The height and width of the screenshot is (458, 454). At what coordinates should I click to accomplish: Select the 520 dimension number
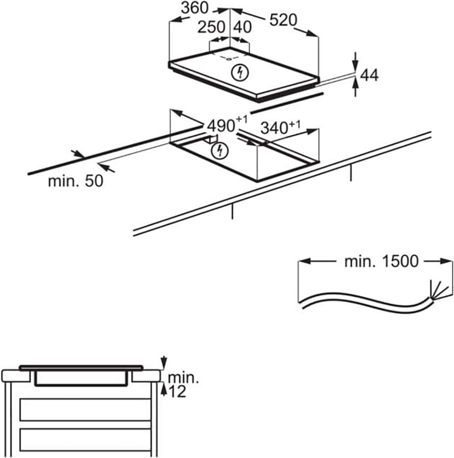283,20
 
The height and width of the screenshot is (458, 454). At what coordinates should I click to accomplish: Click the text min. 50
75,181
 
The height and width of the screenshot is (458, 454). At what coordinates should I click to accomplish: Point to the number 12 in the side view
176,391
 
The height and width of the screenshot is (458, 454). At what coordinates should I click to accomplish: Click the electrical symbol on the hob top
241,73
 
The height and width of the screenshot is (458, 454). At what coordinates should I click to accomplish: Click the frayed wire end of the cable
432,290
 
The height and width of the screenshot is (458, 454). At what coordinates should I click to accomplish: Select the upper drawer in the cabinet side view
85,409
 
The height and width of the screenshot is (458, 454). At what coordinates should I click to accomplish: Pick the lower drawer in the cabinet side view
85,439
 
